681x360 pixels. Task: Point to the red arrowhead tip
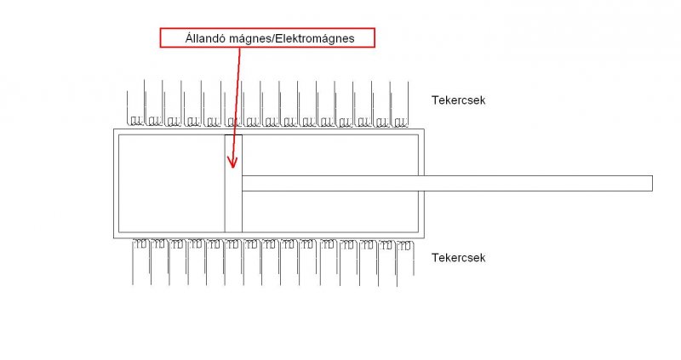tap(232, 165)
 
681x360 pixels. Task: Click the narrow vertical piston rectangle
tap(233, 183)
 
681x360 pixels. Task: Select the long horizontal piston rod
tap(447, 183)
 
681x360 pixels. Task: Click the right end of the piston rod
tap(650, 183)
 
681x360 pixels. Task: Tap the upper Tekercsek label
tap(458, 100)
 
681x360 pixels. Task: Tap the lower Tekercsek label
tap(458, 257)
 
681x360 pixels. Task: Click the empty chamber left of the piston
tap(170, 183)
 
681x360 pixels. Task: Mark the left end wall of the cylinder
tap(116, 183)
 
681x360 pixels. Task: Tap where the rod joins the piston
tap(243, 183)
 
